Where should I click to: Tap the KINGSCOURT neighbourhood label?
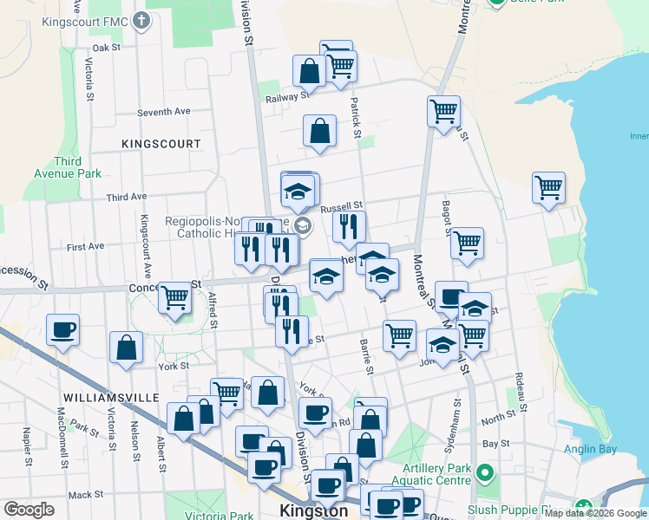(161, 143)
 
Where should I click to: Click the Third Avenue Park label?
(78, 167)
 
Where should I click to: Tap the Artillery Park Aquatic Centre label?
(431, 475)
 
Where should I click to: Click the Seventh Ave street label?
(164, 112)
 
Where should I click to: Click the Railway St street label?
(282, 98)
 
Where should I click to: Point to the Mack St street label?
(86, 495)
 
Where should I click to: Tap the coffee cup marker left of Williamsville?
(62, 329)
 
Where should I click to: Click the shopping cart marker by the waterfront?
(548, 187)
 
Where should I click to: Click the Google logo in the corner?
(29, 510)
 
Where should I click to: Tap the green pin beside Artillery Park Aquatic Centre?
(484, 474)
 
